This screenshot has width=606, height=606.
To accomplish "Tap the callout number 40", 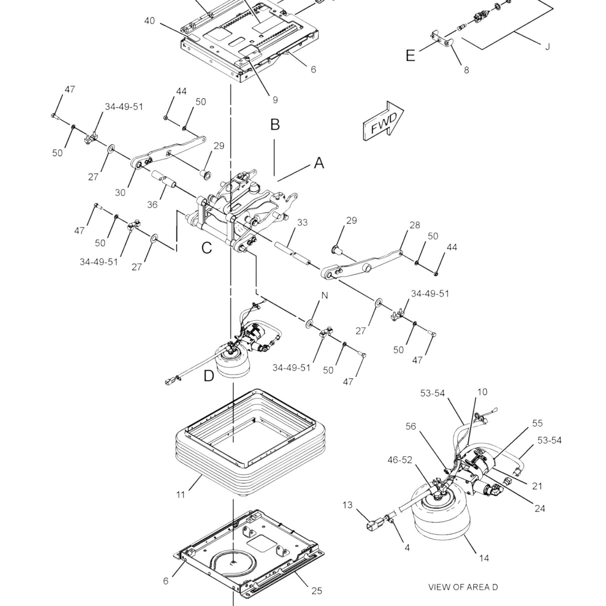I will coord(149,21).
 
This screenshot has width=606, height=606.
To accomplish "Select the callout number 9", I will coord(275,100).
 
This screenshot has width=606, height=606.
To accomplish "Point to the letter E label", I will coord(410,55).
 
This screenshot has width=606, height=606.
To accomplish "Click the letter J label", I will coord(548,47).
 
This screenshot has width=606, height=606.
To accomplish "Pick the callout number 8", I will coord(466,70).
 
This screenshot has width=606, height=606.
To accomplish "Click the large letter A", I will coord(319,163).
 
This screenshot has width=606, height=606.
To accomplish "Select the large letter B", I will coord(275,124).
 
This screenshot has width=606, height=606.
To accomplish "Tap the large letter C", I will coord(206,248).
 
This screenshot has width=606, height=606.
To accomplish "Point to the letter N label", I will coord(324,296).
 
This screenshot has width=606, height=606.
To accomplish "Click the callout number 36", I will coord(152,205).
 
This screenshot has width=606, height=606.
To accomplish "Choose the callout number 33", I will coord(303,223).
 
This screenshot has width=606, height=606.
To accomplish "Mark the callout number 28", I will coord(415,226).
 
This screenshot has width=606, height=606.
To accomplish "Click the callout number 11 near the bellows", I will coord(180,494).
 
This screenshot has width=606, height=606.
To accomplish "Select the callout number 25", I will coord(316,591).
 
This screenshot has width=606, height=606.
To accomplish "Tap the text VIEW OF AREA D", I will coord(463,587).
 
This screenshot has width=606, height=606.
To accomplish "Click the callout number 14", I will coord(484,558).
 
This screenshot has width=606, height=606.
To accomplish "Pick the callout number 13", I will coord(347,505).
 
